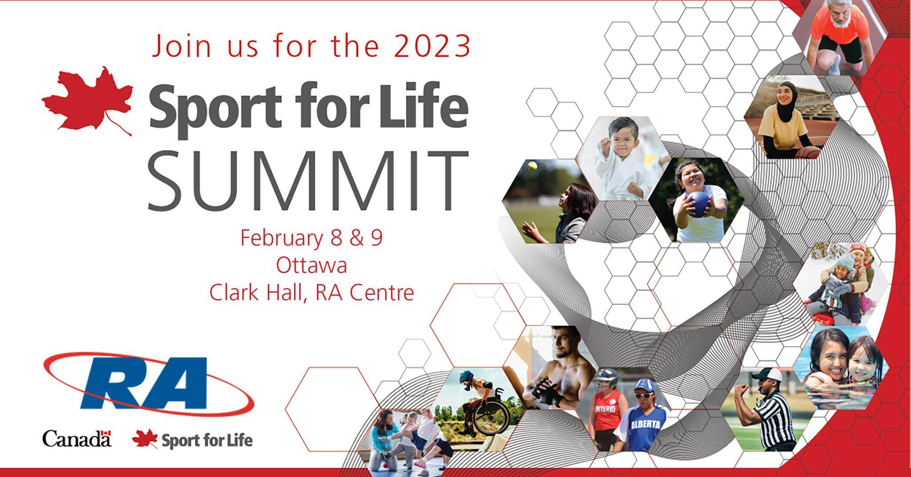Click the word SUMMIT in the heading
(308, 182)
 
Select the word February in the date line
(282, 238)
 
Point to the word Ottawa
(311, 266)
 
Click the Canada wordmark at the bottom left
(77, 439)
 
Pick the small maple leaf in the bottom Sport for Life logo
(145, 438)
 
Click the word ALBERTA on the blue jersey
(645, 425)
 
